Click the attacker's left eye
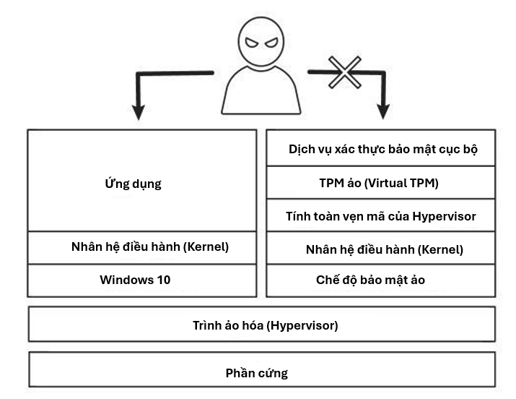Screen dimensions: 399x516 click(251, 43)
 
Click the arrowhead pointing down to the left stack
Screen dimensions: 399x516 click(138, 111)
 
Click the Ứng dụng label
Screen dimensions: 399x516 click(133, 184)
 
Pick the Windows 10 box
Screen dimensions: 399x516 click(141, 280)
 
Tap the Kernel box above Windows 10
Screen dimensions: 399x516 click(141, 247)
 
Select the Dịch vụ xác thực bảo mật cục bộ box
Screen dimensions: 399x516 click(381, 150)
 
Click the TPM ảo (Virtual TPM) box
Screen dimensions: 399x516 click(381, 183)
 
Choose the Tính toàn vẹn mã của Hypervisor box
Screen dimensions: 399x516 click(381, 216)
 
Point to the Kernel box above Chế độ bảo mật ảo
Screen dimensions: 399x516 click(381, 249)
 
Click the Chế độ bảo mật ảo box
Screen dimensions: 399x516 click(381, 280)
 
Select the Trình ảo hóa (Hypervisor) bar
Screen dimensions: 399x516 click(261, 325)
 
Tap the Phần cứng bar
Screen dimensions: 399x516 click(261, 373)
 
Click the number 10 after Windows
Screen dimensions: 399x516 click(162, 280)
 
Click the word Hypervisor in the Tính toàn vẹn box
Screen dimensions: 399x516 click(445, 216)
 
